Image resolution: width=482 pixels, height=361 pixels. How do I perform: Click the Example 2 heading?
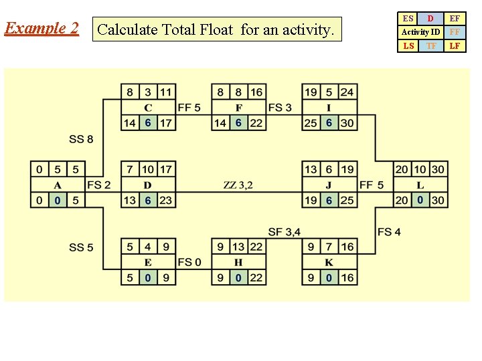(41, 29)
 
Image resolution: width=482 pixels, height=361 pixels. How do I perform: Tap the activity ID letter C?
(148, 108)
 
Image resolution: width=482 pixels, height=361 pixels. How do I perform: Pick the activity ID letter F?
(238, 108)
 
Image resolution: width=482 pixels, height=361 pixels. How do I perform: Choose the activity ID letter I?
(329, 108)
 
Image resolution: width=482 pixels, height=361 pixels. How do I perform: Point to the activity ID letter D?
(148, 185)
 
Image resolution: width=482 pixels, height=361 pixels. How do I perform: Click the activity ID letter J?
(329, 185)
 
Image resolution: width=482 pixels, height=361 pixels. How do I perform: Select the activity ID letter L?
(420, 185)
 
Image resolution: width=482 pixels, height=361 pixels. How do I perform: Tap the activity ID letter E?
(148, 263)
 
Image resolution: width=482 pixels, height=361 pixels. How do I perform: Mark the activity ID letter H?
(238, 263)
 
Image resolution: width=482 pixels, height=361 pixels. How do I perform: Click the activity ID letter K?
(329, 263)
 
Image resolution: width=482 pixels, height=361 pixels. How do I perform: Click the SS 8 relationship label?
(81, 140)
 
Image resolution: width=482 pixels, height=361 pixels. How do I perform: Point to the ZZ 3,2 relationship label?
(238, 185)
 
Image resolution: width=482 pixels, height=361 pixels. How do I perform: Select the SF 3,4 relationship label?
(284, 232)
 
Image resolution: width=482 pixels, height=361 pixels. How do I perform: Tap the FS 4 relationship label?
(389, 232)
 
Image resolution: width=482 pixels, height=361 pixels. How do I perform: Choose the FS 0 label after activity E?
(189, 263)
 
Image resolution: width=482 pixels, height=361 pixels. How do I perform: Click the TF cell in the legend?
(432, 46)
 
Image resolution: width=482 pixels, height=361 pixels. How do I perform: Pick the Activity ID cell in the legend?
(420, 32)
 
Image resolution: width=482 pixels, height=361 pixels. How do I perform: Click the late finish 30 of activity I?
(347, 123)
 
